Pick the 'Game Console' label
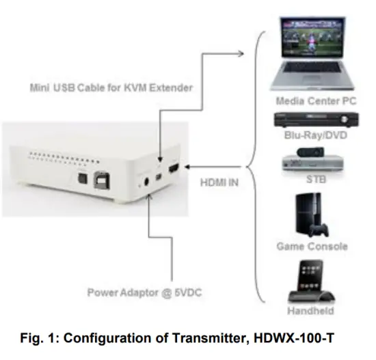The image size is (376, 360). [311, 246]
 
